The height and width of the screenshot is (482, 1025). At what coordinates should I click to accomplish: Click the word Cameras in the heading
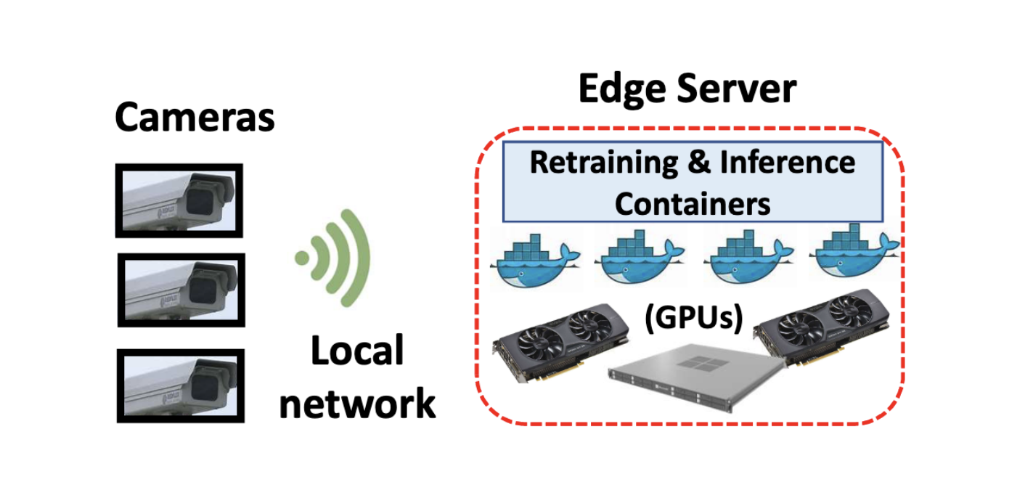(x=195, y=117)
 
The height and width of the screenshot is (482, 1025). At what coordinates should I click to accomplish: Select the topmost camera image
(x=179, y=200)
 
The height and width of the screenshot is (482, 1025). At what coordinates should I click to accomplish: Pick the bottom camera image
(x=181, y=385)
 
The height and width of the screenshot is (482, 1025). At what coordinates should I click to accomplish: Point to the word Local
(x=356, y=352)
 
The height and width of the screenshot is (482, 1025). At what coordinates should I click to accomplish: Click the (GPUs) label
(x=693, y=319)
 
